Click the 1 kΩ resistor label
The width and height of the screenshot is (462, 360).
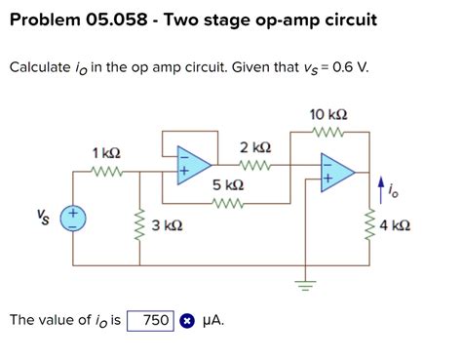tap(106, 153)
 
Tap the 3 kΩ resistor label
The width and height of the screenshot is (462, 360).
tap(168, 225)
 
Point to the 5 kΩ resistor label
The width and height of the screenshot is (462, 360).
tap(228, 184)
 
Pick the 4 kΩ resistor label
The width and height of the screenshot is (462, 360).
tap(395, 225)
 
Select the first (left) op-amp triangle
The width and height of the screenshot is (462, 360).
tap(193, 168)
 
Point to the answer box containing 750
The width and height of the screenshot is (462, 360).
tap(150, 320)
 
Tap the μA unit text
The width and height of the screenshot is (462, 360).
tap(212, 320)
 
